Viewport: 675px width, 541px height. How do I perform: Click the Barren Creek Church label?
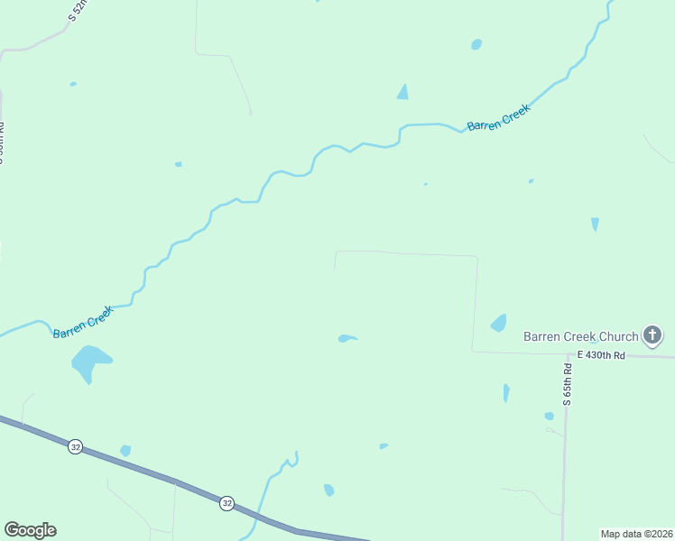pos(581,336)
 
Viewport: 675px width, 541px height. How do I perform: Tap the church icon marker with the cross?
pos(652,336)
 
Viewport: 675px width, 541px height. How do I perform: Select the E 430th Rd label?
pos(601,356)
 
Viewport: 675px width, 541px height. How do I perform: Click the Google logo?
pos(30,530)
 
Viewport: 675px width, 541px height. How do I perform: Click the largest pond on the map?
pos(89,362)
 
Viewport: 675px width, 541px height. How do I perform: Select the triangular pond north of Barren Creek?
pos(402,92)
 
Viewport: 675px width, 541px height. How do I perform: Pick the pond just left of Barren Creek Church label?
pos(499,322)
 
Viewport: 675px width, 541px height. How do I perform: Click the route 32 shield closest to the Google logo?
pos(75,446)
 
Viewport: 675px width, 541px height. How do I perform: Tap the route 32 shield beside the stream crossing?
pos(227,503)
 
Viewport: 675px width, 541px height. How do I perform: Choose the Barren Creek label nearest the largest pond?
pos(83,322)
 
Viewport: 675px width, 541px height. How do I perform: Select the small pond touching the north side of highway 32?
pos(125,450)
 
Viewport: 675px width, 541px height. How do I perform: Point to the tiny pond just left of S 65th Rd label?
pos(549,416)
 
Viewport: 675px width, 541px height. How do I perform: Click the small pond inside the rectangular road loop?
pos(347,338)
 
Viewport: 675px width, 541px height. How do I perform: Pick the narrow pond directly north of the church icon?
pos(595,224)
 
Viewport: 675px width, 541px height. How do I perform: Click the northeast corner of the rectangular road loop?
pos(476,257)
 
